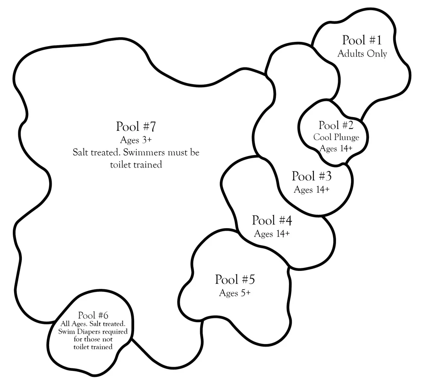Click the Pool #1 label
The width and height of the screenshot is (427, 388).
coord(362,41)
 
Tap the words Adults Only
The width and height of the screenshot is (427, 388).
coord(362,54)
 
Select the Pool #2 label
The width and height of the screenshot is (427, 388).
coord(336,126)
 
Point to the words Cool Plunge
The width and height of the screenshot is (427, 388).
coord(336,138)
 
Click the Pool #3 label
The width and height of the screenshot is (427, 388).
coord(312,176)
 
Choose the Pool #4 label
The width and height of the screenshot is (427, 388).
coord(272,221)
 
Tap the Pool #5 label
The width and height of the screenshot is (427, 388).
coord(235,280)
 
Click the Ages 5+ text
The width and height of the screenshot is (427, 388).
coord(235,293)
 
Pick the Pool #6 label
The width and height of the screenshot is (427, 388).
coord(93,315)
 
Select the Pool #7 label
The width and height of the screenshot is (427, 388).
coord(136,127)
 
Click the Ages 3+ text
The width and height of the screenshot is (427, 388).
coord(136,140)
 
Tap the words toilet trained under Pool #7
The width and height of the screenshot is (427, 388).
coord(136,165)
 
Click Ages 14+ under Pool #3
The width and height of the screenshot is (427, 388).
coord(312,189)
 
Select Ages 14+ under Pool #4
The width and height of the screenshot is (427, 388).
coord(272,234)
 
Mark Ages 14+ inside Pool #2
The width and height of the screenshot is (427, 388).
coord(336,149)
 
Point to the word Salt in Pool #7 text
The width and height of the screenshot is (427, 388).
coord(81,152)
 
